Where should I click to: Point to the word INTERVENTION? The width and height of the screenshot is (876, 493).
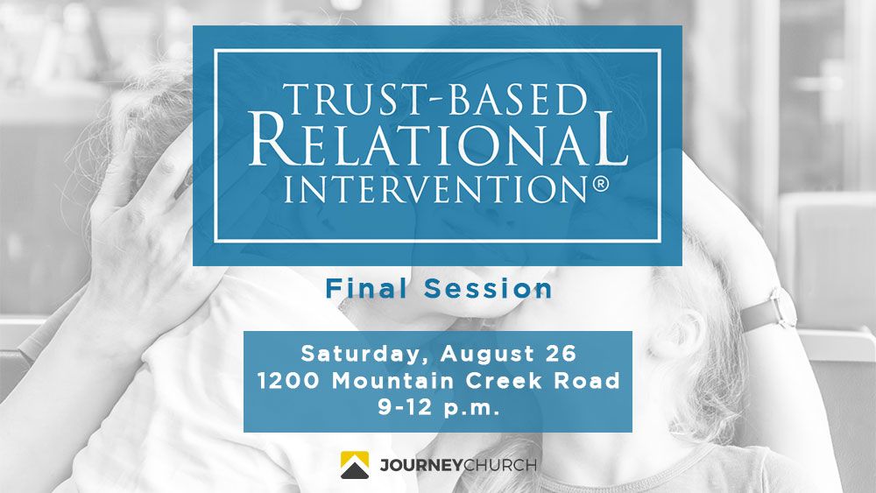coord(435,189)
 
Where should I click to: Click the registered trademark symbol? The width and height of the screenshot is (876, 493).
coord(600,184)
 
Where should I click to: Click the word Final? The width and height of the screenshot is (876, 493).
coord(366,289)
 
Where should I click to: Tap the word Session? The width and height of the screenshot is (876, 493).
coord(488,289)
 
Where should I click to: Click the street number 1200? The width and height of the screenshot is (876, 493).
coord(288,381)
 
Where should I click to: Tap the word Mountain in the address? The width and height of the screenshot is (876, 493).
coord(392,381)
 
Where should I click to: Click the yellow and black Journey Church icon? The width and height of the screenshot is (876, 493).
coord(355,465)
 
